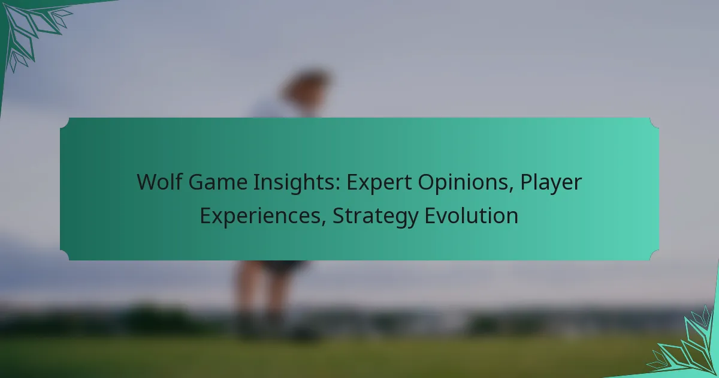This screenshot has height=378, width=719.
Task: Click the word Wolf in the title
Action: point(159,182)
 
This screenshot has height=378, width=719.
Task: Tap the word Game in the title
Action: point(218,182)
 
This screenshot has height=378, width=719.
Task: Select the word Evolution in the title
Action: point(472,215)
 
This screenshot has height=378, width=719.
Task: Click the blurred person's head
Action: point(307,87)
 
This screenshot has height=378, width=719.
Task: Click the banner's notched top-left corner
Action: point(65,122)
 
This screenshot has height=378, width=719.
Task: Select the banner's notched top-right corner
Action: point(654,122)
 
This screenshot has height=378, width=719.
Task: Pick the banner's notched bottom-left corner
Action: point(65,255)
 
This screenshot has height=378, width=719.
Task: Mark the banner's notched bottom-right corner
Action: point(654,255)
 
